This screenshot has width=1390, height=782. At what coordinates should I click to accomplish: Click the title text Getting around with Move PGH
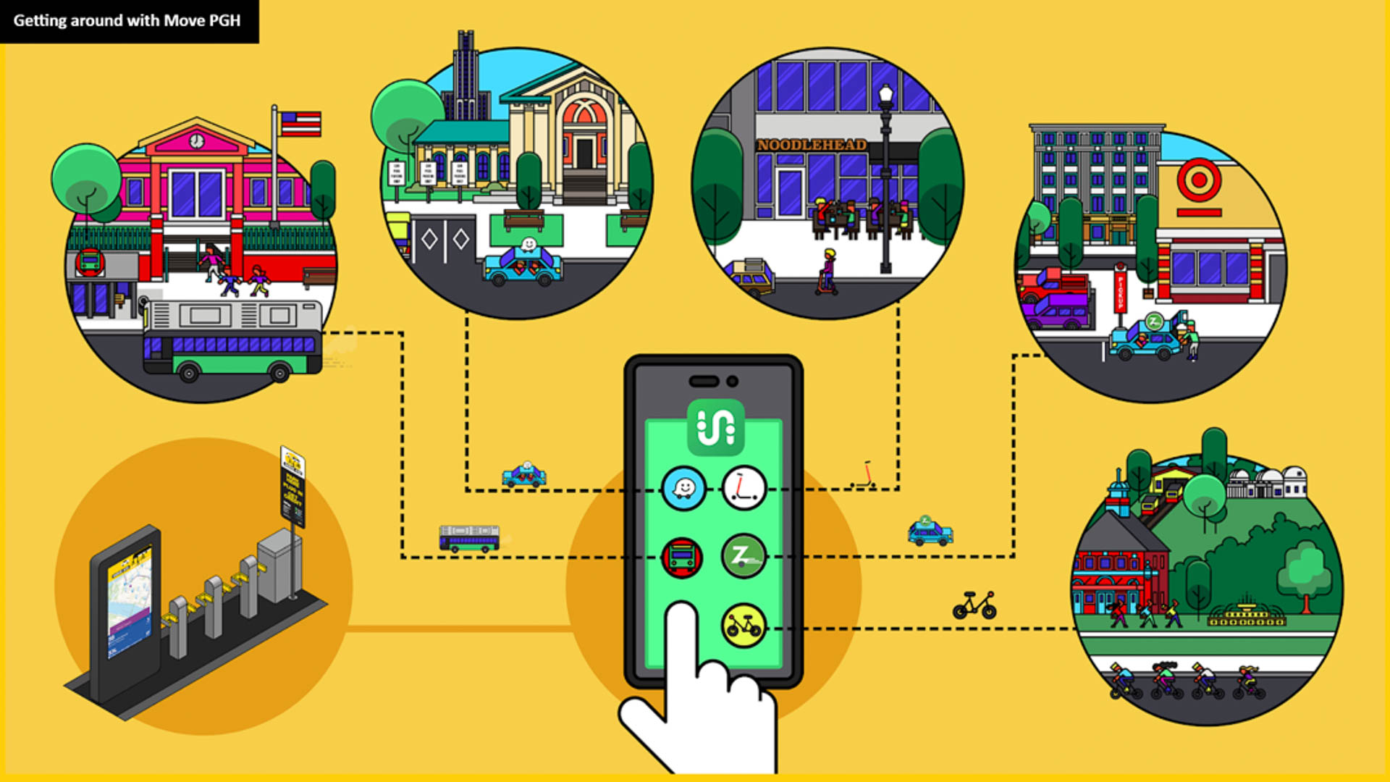pyautogui.click(x=127, y=20)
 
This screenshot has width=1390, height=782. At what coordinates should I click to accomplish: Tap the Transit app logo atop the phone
pyautogui.click(x=715, y=427)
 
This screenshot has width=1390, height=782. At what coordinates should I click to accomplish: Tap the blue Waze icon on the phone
pyautogui.click(x=683, y=489)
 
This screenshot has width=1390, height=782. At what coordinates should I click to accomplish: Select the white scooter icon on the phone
pyautogui.click(x=744, y=489)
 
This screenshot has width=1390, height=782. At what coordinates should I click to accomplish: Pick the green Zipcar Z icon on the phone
pyautogui.click(x=744, y=556)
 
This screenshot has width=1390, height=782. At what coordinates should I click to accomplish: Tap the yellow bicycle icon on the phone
pyautogui.click(x=744, y=625)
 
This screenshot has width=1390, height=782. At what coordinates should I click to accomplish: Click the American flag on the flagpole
pyautogui.click(x=300, y=124)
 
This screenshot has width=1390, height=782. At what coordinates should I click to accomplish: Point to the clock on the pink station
pyautogui.click(x=196, y=140)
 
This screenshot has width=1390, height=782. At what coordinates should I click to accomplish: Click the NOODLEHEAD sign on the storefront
pyautogui.click(x=812, y=145)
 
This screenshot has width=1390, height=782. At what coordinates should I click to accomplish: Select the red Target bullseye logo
pyautogui.click(x=1199, y=180)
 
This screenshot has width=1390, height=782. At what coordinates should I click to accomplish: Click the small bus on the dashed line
pyautogui.click(x=469, y=539)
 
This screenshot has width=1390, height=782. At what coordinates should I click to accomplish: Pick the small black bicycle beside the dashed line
pyautogui.click(x=974, y=605)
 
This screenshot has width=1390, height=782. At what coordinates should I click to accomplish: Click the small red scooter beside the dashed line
pyautogui.click(x=864, y=476)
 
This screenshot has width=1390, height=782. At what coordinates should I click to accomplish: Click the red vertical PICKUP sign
pyautogui.click(x=1120, y=290)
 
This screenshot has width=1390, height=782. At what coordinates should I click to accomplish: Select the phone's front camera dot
pyautogui.click(x=733, y=382)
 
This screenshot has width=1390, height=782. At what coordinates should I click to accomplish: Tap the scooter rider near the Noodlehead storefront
pyautogui.click(x=827, y=272)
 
